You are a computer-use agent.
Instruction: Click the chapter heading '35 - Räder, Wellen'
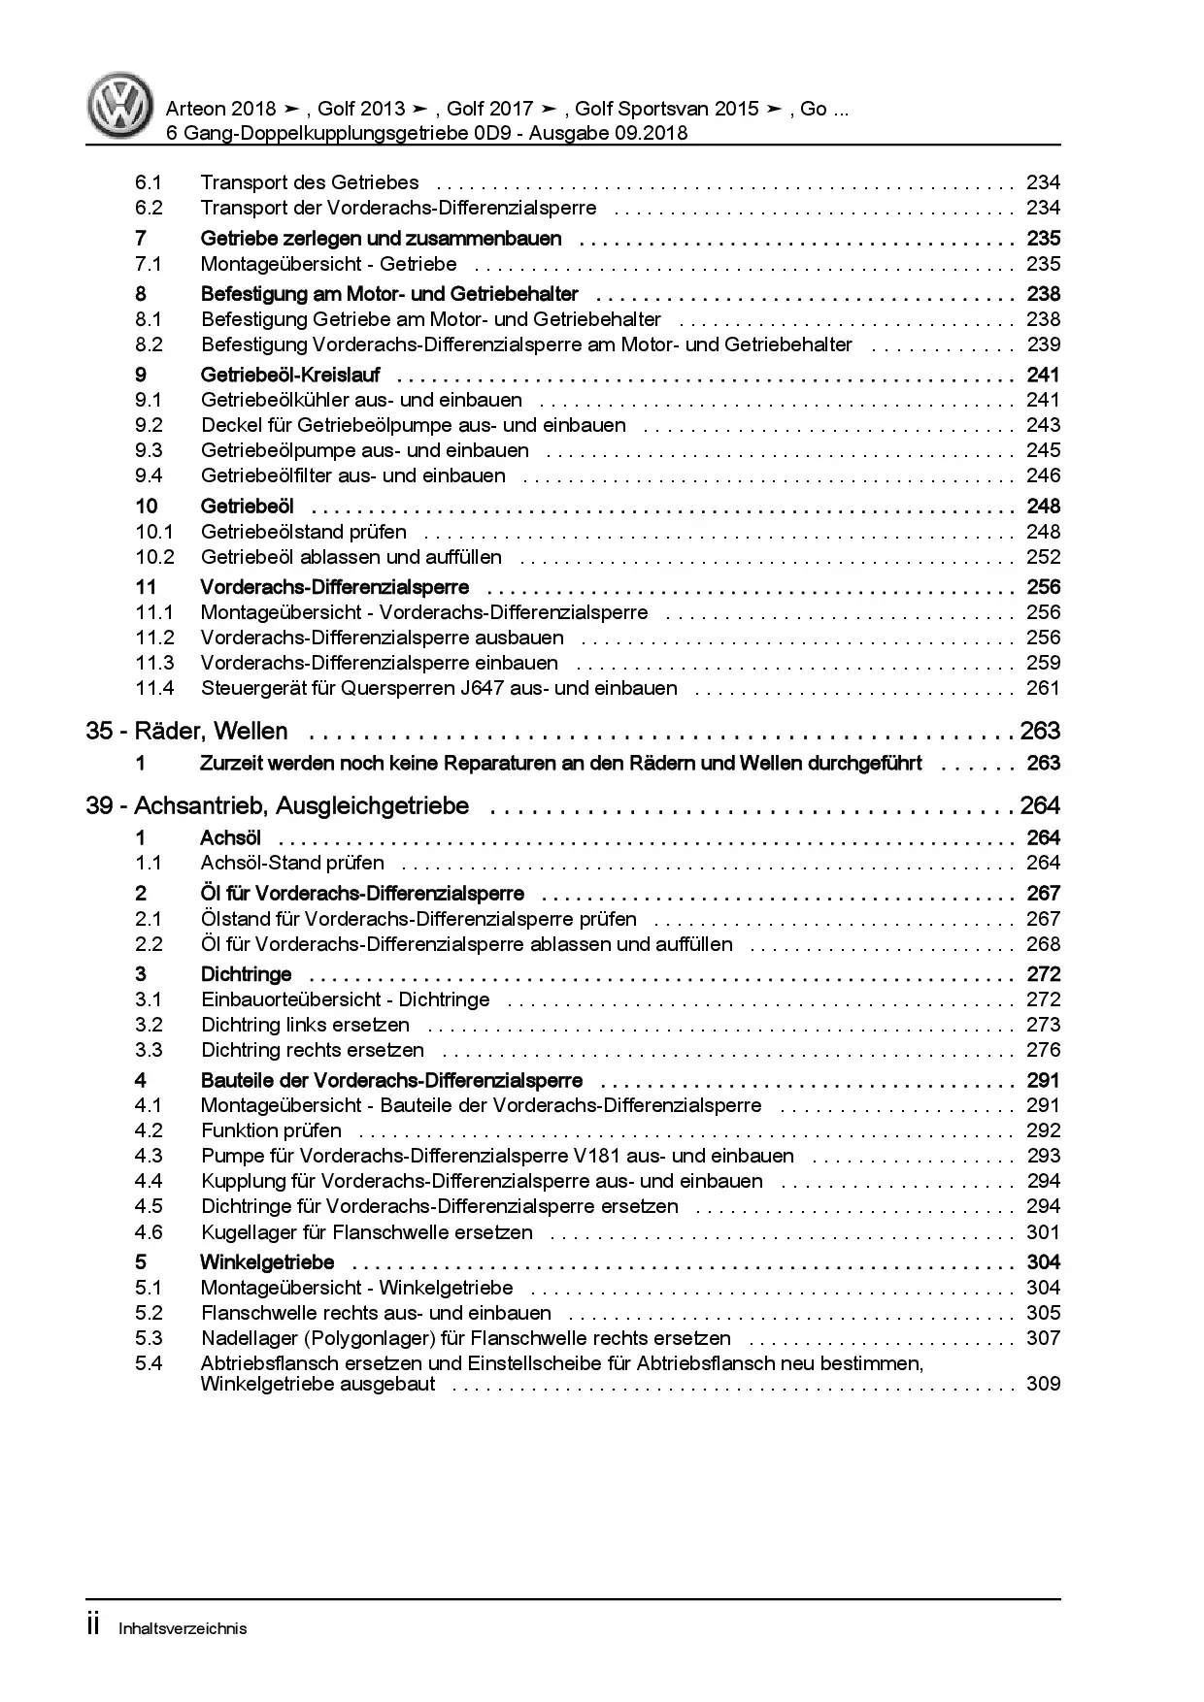pyautogui.click(x=186, y=731)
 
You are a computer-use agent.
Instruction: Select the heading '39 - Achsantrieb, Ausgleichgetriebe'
pyautogui.click(x=277, y=805)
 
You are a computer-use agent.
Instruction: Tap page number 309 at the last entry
pyautogui.click(x=1043, y=1385)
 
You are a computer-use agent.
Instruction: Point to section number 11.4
pyautogui.click(x=154, y=688)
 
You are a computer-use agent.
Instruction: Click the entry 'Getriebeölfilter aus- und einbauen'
pyautogui.click(x=352, y=475)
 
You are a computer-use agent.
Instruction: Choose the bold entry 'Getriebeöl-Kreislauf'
pyautogui.click(x=289, y=375)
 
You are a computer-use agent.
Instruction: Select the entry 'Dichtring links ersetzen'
pyautogui.click(x=305, y=1025)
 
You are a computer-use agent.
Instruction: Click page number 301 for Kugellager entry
pyautogui.click(x=1043, y=1232)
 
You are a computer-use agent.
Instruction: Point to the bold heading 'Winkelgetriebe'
pyautogui.click(x=267, y=1262)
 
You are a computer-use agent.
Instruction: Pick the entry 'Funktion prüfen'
pyautogui.click(x=271, y=1130)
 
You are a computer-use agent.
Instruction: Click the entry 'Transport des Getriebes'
pyautogui.click(x=310, y=182)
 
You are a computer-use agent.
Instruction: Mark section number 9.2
pyautogui.click(x=149, y=425)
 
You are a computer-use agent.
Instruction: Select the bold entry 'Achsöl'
pyautogui.click(x=230, y=837)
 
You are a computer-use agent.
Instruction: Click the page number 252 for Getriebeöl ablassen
pyautogui.click(x=1043, y=557)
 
